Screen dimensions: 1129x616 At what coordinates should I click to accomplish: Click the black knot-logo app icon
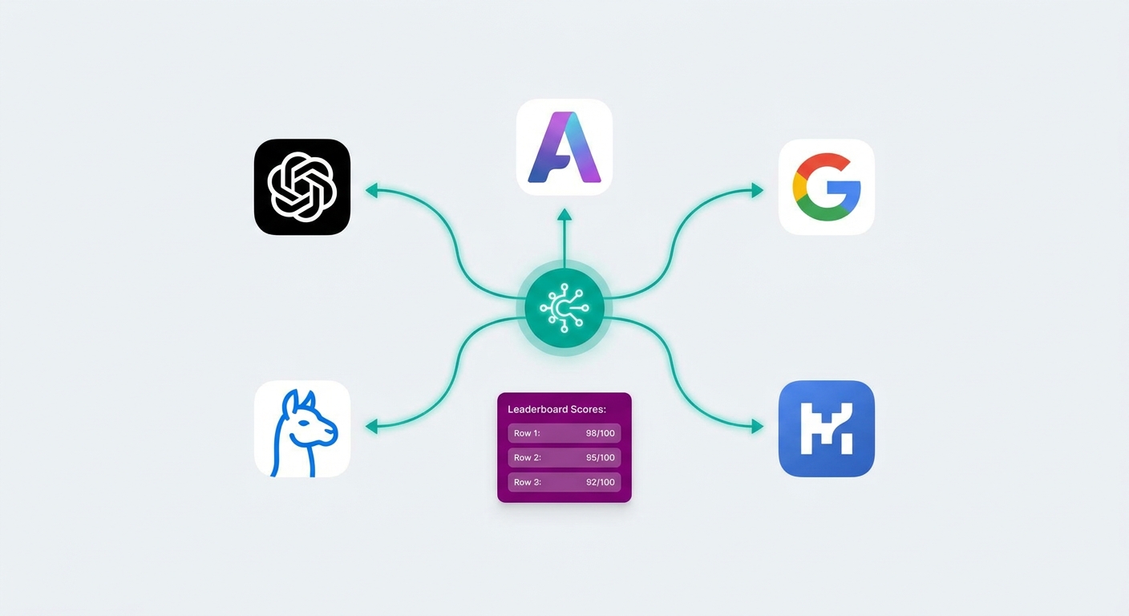coord(302,187)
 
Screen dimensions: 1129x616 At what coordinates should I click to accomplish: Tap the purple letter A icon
coord(564,147)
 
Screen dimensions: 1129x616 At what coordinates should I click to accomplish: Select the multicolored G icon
coord(826,187)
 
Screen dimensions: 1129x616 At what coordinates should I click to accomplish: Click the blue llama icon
coord(302,428)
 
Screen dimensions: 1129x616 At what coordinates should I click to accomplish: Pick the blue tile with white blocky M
coord(826,428)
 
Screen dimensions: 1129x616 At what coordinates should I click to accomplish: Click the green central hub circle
coord(564,307)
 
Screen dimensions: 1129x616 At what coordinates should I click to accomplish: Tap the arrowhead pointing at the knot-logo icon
coord(372,191)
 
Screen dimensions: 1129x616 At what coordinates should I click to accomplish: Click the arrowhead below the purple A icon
coord(564,214)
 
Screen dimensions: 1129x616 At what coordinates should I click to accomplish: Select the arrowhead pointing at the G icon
coord(757,191)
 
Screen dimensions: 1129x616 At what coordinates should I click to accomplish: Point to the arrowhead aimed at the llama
coord(372,427)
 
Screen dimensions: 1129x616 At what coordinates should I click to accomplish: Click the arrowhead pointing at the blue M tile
coord(757,427)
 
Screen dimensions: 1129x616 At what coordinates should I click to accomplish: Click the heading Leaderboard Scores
coord(556,409)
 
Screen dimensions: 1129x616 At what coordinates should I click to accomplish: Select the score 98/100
coord(601,433)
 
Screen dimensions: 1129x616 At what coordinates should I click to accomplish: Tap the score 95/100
coord(601,458)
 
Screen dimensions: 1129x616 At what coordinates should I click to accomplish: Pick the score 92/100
coord(601,482)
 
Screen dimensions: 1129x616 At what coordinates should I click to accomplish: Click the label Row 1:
coord(527,433)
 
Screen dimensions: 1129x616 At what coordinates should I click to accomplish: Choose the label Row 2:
coord(527,458)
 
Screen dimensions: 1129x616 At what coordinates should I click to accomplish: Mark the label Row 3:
coord(527,482)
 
